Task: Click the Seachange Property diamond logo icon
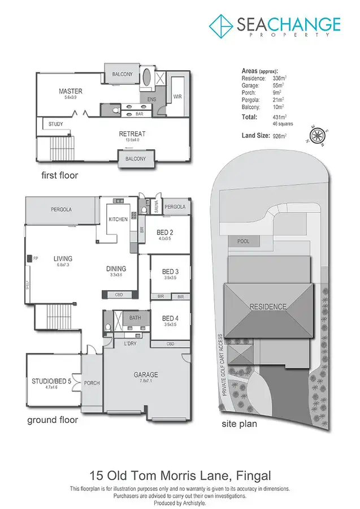(x=222, y=25)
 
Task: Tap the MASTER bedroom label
(x=71, y=91)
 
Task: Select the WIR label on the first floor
(x=177, y=97)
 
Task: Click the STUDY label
(x=55, y=124)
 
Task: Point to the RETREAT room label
(x=132, y=134)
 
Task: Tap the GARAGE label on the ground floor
(x=145, y=374)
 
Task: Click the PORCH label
(x=92, y=383)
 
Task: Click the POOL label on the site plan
(x=243, y=241)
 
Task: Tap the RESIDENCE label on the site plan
(x=268, y=307)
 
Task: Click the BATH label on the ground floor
(x=135, y=318)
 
